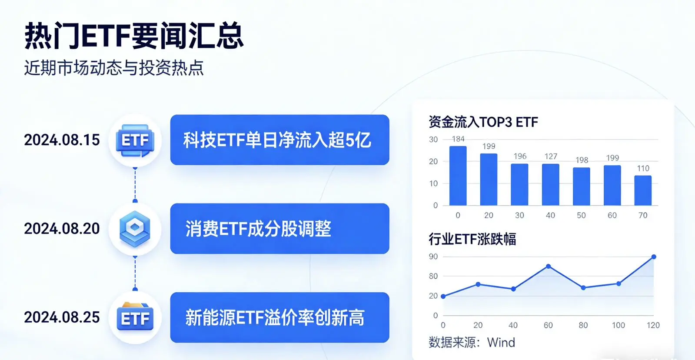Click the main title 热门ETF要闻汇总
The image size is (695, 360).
click(x=134, y=36)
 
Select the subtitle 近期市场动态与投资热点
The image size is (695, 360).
click(x=114, y=68)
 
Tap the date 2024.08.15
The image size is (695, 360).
click(x=62, y=140)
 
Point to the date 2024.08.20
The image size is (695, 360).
click(x=62, y=229)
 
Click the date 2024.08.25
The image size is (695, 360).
click(x=62, y=317)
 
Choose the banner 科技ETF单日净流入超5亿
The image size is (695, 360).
click(x=279, y=140)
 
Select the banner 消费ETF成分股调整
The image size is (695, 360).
click(x=279, y=229)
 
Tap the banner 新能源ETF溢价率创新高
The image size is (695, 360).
click(x=279, y=317)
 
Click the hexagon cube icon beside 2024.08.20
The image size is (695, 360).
click(x=135, y=229)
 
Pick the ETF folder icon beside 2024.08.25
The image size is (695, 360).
click(x=135, y=317)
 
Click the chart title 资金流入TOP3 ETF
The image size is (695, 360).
click(x=483, y=122)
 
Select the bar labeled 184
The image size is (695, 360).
click(x=458, y=176)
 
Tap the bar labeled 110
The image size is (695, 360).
click(x=643, y=190)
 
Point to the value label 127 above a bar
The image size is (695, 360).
click(x=551, y=157)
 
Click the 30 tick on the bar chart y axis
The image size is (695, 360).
click(x=433, y=140)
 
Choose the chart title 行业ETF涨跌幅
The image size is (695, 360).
click(x=472, y=239)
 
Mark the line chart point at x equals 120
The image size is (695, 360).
click(x=654, y=257)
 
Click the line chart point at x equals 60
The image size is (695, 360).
click(x=549, y=266)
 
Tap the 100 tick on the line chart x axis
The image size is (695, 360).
click(x=618, y=325)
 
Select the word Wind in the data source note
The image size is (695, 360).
click(x=501, y=343)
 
